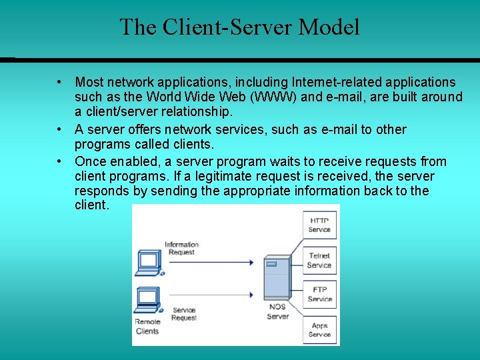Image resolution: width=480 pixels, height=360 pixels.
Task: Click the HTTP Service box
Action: [x=319, y=225]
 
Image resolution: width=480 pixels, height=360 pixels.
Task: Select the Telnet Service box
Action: [x=319, y=260]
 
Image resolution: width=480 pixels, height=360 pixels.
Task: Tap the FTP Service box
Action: [x=319, y=294]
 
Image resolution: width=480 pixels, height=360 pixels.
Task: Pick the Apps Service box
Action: [x=319, y=329]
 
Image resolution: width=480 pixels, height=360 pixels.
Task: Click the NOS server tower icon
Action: [x=276, y=277]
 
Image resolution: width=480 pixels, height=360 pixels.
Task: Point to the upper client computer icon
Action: [x=148, y=262]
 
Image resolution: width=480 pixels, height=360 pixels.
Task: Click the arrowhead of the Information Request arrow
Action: [x=251, y=263]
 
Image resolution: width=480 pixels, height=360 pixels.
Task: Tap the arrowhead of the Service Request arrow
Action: [x=251, y=295]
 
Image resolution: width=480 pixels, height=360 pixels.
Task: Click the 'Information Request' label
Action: [x=181, y=249]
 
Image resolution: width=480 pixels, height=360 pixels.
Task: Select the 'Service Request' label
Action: [x=184, y=313]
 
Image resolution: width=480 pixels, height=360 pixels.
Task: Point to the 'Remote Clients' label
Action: [x=147, y=326]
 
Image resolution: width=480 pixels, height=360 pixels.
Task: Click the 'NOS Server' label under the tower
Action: [x=277, y=311]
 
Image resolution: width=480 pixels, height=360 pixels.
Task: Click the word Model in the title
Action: [x=329, y=27]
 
